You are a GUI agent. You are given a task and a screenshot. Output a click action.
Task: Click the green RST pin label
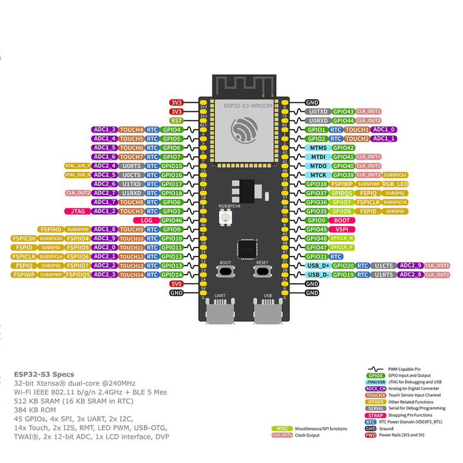pyautogui.click(x=176, y=120)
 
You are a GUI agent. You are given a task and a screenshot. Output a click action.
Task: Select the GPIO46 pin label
pyautogui.click(x=172, y=220)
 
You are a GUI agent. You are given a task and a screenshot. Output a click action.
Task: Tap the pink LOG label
pyautogui.click(x=147, y=220)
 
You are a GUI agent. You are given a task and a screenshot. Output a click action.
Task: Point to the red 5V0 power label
pyautogui.click(x=176, y=284)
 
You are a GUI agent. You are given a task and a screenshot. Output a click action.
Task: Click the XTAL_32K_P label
pyautogui.click(x=77, y=166)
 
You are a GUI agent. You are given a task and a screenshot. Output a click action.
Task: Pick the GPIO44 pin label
pyautogui.click(x=343, y=120)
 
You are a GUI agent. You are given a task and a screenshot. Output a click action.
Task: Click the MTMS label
pyautogui.click(x=318, y=147)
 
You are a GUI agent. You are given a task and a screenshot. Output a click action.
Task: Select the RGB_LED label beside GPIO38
pyautogui.click(x=395, y=184)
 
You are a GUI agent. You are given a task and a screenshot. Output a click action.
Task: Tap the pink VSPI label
pyautogui.click(x=343, y=229)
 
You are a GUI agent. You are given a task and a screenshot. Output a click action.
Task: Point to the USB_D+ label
pyautogui.click(x=318, y=266)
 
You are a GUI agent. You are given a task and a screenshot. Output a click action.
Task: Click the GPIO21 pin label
pyautogui.click(x=316, y=256)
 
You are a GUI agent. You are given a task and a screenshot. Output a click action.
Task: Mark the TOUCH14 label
pyautogui.click(x=131, y=275)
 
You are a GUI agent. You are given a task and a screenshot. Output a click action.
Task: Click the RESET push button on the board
pyautogui.click(x=262, y=272)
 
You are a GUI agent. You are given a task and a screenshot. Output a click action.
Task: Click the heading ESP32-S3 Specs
pyautogui.click(x=44, y=374)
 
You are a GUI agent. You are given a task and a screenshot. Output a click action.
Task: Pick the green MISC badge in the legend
pyautogui.click(x=281, y=428)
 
